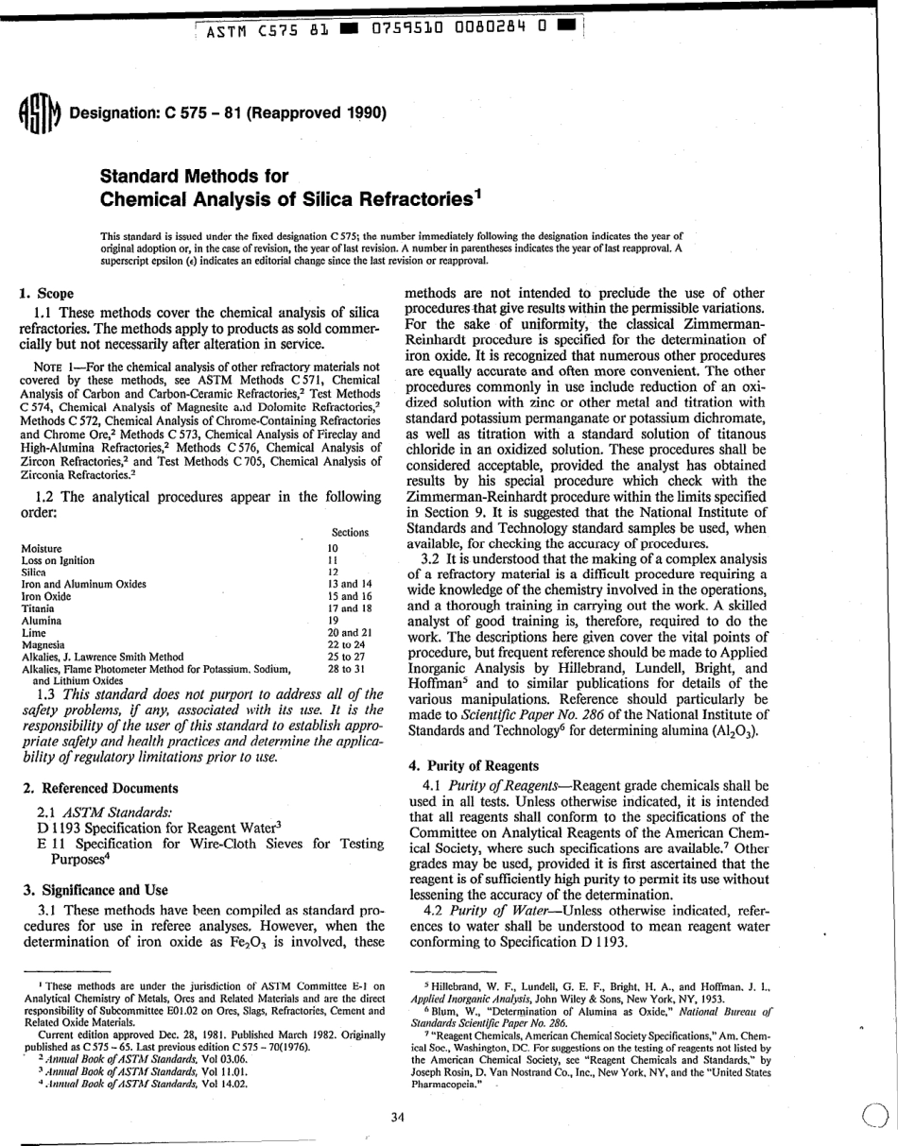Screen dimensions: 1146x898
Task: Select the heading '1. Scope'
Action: pyautogui.click(x=47, y=293)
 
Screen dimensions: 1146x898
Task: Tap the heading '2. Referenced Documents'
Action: pyautogui.click(x=98, y=788)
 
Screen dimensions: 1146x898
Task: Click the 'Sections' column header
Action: pyautogui.click(x=350, y=533)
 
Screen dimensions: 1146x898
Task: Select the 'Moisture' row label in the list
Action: pyautogui.click(x=42, y=548)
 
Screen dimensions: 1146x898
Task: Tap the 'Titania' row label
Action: pyautogui.click(x=39, y=609)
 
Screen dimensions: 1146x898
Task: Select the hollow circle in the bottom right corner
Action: pyautogui.click(x=876, y=1117)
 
